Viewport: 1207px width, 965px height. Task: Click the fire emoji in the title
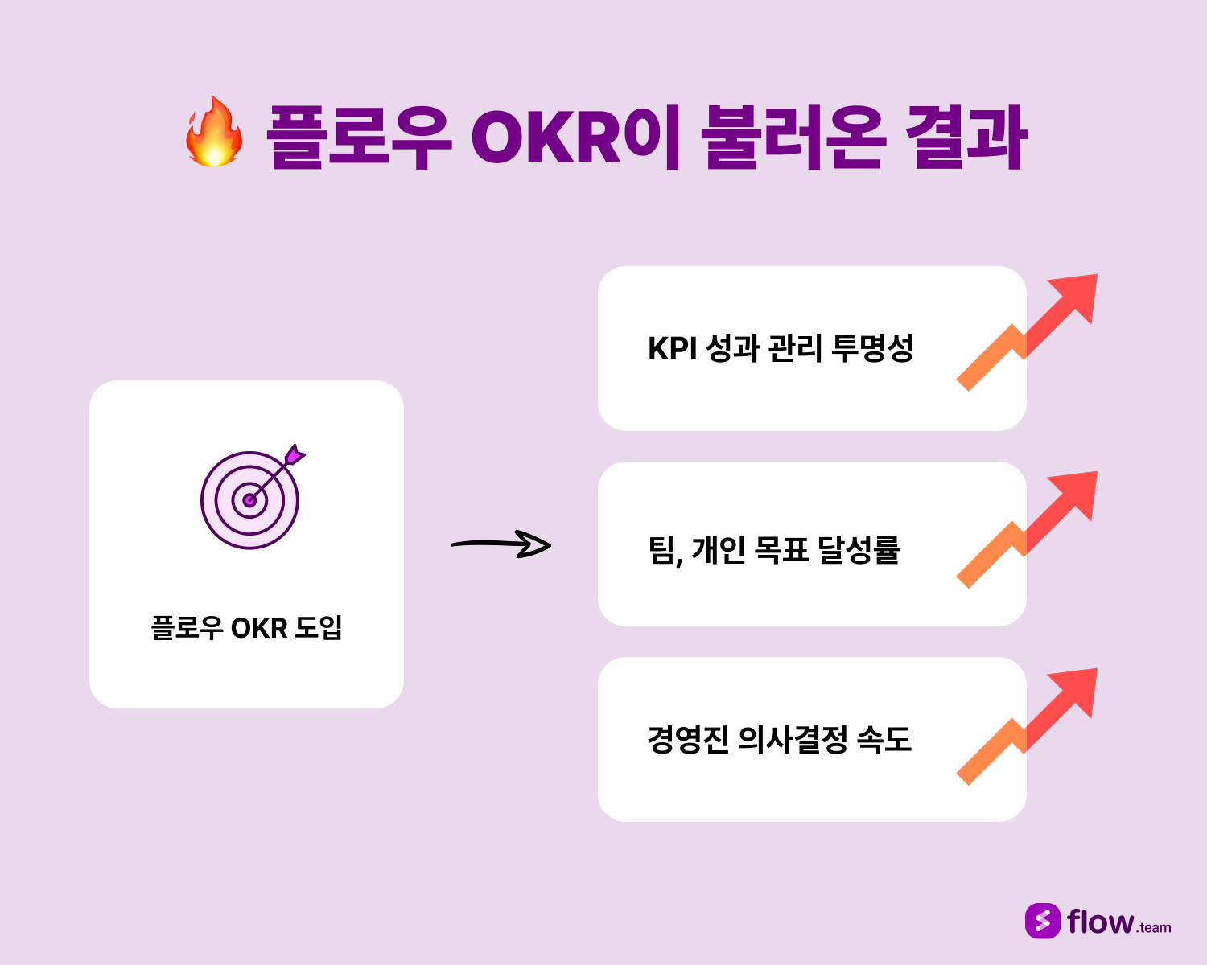(x=214, y=133)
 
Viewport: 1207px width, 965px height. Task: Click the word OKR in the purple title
(x=546, y=137)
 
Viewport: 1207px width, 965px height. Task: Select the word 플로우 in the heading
(x=359, y=137)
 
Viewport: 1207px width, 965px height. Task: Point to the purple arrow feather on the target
(x=295, y=454)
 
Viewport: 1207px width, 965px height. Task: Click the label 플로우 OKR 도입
(x=246, y=627)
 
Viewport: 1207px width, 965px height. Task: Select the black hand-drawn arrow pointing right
(x=501, y=544)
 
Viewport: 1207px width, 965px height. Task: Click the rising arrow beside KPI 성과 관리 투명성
(x=1027, y=332)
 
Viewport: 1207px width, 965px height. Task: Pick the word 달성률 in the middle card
(x=859, y=549)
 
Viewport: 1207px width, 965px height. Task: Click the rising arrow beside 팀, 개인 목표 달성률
(x=1027, y=529)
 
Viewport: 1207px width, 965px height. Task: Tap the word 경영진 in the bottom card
(x=688, y=740)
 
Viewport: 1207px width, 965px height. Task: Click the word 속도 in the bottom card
(x=884, y=739)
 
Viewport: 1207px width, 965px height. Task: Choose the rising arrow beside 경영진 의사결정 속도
(x=1027, y=727)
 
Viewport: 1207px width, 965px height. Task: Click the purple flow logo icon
(x=1043, y=921)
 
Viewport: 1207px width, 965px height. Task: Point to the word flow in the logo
(x=1101, y=922)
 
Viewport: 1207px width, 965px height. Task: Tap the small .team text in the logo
(x=1154, y=928)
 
